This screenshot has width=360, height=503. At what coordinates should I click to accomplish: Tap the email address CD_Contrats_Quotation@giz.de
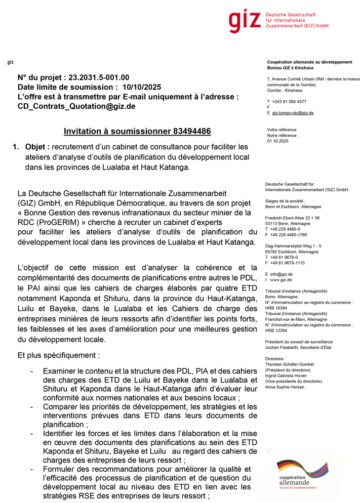coord(76,106)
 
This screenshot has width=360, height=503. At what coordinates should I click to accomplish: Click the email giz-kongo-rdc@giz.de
coord(293,113)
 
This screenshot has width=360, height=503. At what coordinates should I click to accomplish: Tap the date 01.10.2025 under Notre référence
coord(277,141)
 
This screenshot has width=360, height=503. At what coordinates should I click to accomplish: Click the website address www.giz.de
coord(282,280)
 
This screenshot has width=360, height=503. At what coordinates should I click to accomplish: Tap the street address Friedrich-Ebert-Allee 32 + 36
coord(292,218)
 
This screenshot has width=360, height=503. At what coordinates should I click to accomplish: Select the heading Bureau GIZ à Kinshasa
coord(290,68)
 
